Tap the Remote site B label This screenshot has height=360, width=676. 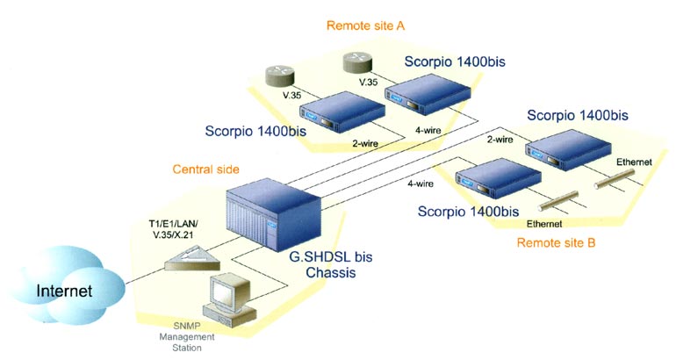click(556, 241)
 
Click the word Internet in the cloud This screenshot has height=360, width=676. click(66, 289)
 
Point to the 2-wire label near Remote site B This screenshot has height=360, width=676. click(500, 139)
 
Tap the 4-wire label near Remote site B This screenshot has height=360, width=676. click(423, 184)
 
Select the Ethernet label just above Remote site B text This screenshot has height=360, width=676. click(543, 224)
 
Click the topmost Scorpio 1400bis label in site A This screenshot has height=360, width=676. click(455, 61)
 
